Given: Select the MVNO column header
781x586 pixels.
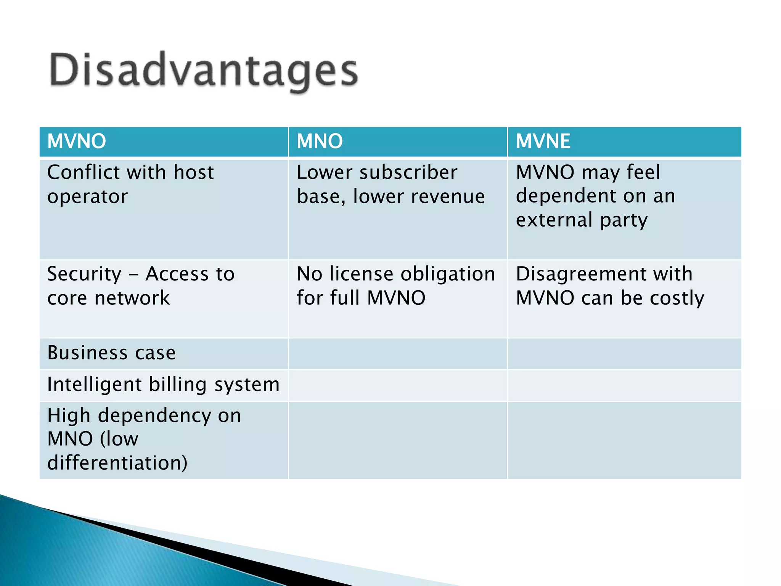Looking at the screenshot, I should [77, 141].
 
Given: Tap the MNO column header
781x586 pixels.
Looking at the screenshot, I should [320, 141].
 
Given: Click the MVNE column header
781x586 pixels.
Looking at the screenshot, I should [543, 141].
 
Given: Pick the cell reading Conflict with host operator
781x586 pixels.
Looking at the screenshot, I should [130, 184].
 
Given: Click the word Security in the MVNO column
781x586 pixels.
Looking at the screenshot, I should [84, 274].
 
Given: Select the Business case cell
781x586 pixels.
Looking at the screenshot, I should [111, 353].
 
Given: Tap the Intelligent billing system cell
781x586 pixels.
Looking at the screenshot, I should [163, 385].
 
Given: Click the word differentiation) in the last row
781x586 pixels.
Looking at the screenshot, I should [117, 463].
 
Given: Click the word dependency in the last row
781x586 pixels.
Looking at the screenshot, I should [154, 416].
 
